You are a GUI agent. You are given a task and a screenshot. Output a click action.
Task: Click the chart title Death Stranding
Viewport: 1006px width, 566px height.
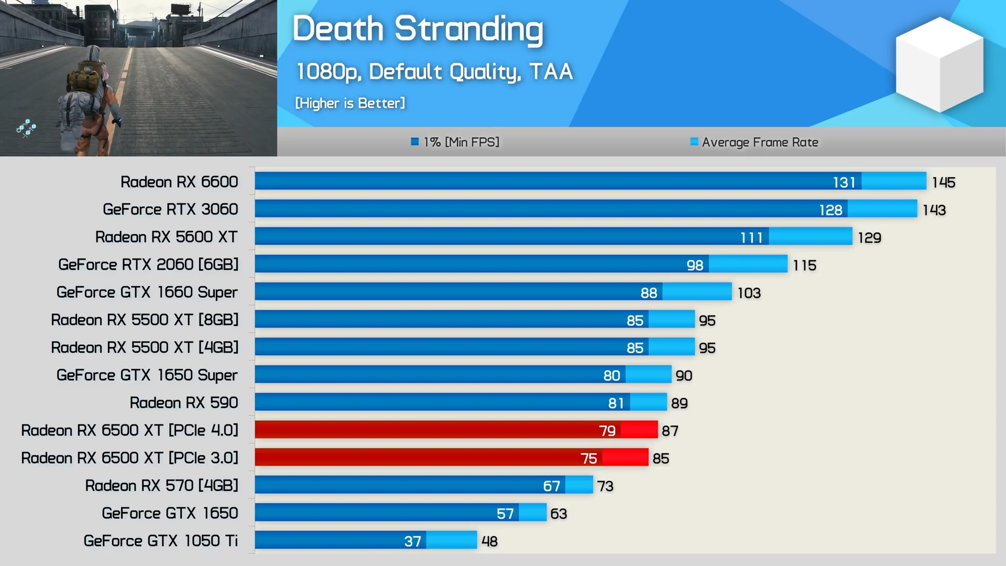[x=418, y=29]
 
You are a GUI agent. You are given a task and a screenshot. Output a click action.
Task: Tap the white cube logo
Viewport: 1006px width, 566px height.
[x=939, y=64]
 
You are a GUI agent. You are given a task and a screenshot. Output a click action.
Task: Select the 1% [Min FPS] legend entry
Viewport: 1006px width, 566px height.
[x=455, y=142]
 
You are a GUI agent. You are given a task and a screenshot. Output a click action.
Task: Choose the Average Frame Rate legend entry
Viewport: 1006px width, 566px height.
[x=754, y=142]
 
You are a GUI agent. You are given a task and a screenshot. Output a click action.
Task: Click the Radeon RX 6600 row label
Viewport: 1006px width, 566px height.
[x=179, y=182]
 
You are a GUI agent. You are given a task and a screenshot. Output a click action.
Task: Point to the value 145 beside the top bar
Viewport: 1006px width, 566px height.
[x=943, y=182]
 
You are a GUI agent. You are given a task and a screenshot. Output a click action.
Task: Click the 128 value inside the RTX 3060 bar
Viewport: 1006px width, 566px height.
[x=830, y=210]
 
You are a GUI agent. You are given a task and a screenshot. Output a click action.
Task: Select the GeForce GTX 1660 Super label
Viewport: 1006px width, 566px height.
[x=147, y=292]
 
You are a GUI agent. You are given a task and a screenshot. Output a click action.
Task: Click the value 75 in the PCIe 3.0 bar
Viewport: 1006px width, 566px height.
[x=588, y=459]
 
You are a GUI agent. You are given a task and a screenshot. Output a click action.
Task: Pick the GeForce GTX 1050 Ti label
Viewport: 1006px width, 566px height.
[x=160, y=541]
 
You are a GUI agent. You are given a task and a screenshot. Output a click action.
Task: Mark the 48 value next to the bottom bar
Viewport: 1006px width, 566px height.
[x=489, y=541]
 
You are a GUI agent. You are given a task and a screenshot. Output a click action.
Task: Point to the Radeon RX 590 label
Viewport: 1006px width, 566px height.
[x=183, y=403]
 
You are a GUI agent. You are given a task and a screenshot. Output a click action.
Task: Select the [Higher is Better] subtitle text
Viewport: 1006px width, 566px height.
[x=350, y=103]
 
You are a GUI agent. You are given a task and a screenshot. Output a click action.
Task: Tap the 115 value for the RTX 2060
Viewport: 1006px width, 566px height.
[x=804, y=266]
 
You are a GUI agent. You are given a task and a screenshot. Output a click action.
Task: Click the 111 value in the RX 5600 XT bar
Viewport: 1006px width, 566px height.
[x=751, y=238]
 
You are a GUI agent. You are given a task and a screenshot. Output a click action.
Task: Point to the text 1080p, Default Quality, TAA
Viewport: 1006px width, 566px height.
[x=434, y=72]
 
